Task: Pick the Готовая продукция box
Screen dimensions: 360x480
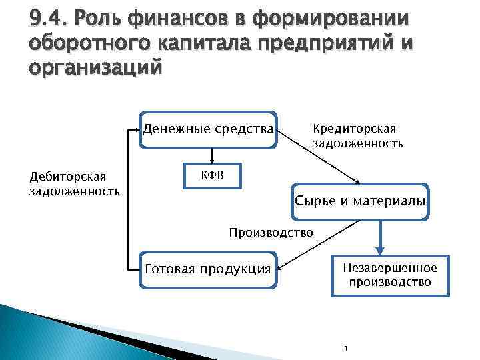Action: pos(207,269)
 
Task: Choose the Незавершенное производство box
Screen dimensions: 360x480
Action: pos(390,275)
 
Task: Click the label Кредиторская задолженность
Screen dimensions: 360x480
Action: pos(357,136)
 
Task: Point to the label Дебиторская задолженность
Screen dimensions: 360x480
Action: pos(73,184)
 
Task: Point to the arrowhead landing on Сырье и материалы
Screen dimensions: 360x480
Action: pos(358,181)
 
